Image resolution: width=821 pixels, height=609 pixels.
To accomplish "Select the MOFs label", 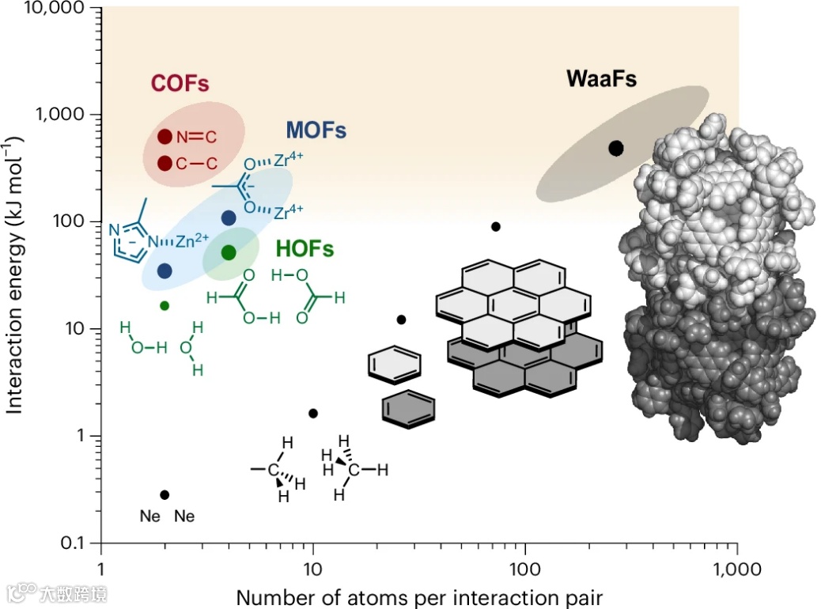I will [316, 130].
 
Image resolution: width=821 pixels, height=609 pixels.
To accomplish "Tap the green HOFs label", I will [305, 248].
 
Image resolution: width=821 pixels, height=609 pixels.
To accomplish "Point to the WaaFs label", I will [601, 78].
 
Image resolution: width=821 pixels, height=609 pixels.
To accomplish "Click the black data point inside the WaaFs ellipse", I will [616, 148].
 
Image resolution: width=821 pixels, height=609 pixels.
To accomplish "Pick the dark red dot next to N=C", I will [165, 137].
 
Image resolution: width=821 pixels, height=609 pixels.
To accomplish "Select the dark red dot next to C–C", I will [165, 163].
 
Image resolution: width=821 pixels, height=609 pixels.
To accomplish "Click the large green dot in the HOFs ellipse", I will [229, 252].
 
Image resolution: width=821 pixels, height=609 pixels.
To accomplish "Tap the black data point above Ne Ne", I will [165, 494].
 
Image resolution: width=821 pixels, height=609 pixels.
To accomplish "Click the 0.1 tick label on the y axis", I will [77, 543].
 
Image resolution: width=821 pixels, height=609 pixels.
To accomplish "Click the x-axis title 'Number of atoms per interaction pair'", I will [420, 596].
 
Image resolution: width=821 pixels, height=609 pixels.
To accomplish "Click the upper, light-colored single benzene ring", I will [394, 364].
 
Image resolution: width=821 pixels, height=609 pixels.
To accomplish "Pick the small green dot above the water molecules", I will [165, 305].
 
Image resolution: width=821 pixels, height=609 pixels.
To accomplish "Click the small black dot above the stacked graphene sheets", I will [496, 226].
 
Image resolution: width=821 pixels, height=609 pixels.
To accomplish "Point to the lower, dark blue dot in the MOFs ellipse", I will [165, 271].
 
